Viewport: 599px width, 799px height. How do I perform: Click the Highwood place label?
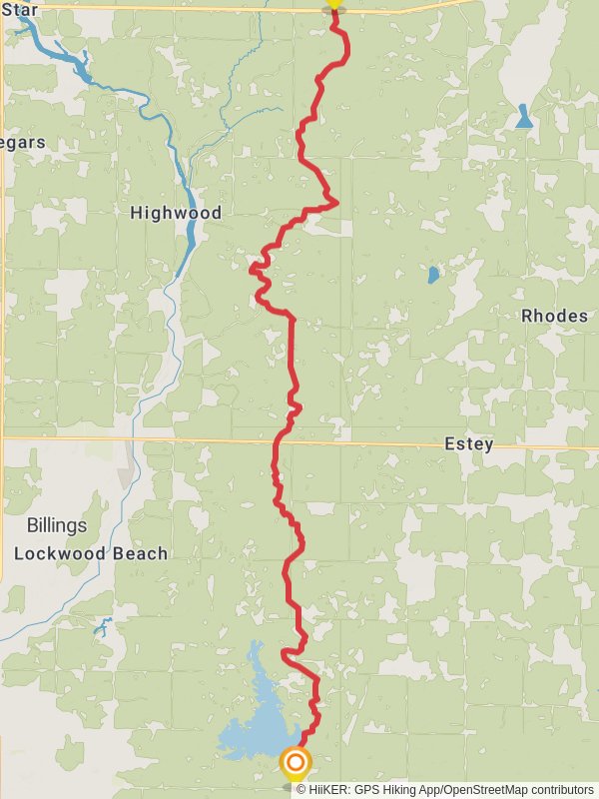click(176, 213)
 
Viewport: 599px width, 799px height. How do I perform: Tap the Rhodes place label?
click(554, 316)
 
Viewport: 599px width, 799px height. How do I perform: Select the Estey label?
click(469, 444)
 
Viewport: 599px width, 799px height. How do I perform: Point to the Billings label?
click(57, 525)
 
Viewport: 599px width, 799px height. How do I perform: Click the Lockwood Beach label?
click(91, 553)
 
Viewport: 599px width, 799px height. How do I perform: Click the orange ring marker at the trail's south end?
click(296, 764)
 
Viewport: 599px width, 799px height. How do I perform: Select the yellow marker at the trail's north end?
click(333, 4)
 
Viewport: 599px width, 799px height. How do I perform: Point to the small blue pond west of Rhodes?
click(433, 274)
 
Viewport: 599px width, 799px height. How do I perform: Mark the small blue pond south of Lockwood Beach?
click(102, 627)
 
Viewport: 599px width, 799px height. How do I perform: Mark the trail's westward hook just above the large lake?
click(286, 654)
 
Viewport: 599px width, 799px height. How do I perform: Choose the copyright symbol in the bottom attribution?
click(301, 789)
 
